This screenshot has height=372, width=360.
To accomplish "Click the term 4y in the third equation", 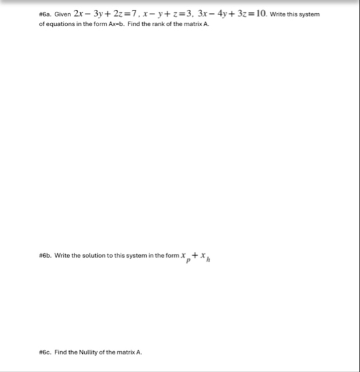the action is click(233, 14).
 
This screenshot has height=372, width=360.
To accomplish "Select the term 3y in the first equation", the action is click(104, 14).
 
